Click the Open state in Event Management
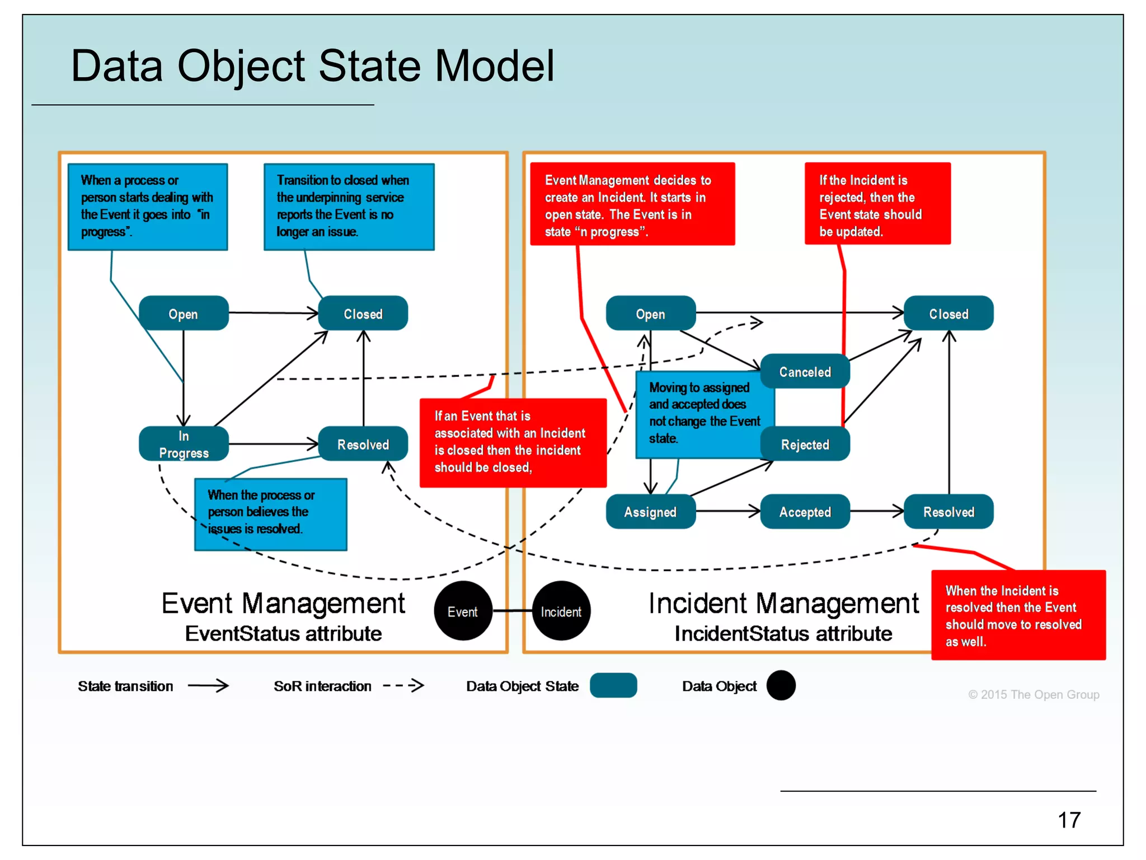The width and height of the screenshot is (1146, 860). tap(184, 314)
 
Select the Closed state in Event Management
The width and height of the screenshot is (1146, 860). tap(363, 314)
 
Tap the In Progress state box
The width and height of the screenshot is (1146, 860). tap(184, 444)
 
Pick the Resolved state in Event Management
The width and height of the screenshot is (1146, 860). tap(363, 444)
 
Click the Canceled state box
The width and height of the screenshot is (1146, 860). tap(805, 371)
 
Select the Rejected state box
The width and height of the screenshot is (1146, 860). tap(805, 444)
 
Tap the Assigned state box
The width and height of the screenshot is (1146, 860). tap(650, 511)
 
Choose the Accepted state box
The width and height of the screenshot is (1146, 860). tap(805, 511)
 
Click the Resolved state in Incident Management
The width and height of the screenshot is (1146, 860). tap(948, 511)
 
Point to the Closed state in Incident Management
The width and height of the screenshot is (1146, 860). tap(948, 314)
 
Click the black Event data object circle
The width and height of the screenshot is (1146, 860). tap(463, 611)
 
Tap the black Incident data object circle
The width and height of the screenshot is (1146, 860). tap(561, 611)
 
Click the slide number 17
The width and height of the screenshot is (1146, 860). tap(1069, 820)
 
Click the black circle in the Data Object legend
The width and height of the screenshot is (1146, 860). tap(781, 685)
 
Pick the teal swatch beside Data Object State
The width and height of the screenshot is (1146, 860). tap(613, 685)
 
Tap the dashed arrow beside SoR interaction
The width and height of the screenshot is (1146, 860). tap(403, 685)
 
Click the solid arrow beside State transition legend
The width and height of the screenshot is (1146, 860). tap(208, 685)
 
